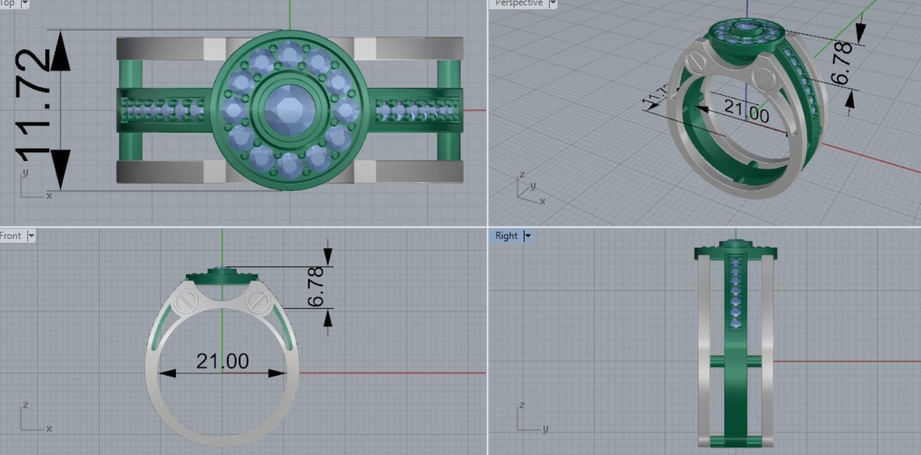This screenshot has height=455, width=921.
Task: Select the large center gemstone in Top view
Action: [x=290, y=110]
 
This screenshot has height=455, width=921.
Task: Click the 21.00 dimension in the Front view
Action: [x=222, y=361]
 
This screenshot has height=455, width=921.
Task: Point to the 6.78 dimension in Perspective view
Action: [x=842, y=63]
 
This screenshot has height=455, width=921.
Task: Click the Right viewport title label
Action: [x=506, y=236]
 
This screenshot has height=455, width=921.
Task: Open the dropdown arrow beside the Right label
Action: [x=528, y=236]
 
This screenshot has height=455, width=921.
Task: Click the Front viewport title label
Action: [x=11, y=236]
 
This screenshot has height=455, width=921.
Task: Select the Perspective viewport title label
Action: [x=518, y=3]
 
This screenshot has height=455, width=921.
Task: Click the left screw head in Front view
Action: [x=184, y=301]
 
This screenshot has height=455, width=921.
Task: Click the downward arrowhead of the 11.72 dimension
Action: [x=60, y=169]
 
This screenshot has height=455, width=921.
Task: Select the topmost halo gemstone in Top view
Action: [x=290, y=55]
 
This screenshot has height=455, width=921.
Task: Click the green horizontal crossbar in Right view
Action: [x=735, y=361]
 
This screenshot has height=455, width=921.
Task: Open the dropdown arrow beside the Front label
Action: [x=31, y=236]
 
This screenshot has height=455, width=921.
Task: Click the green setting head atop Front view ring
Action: [x=222, y=276]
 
